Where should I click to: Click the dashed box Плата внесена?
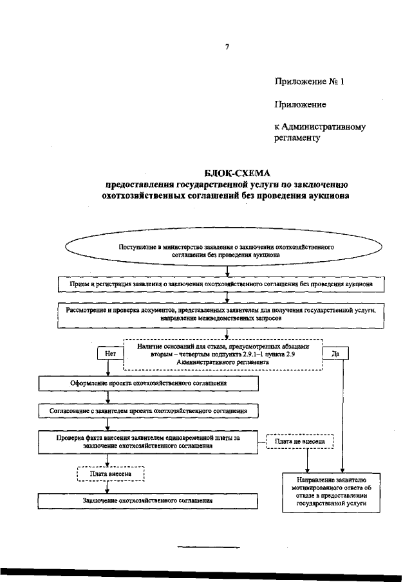[111, 474]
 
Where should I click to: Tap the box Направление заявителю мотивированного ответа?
[332, 492]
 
